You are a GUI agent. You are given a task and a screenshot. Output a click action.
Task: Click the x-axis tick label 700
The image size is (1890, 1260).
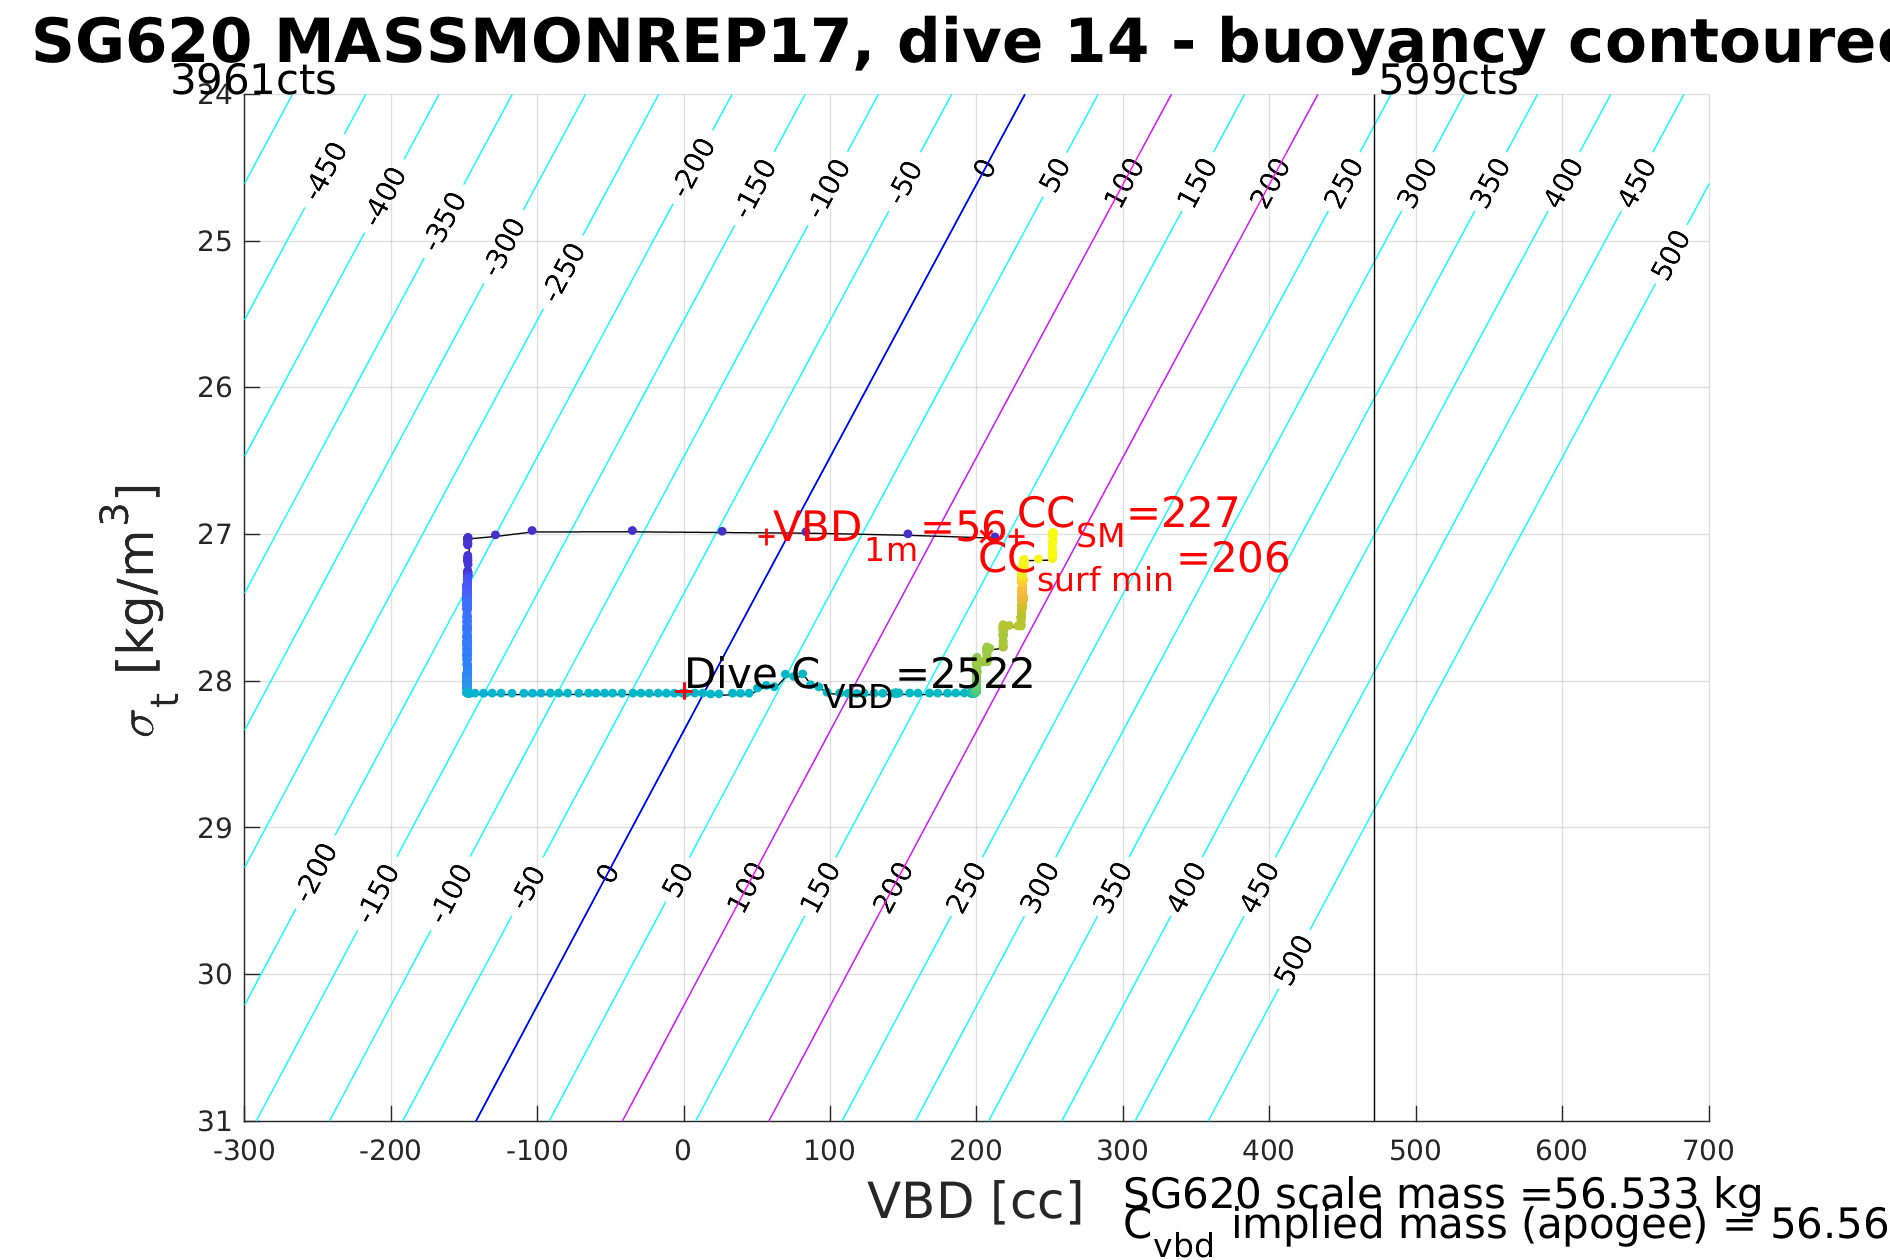1709,1151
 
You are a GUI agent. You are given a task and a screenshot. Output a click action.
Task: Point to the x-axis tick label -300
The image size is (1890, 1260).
243,1151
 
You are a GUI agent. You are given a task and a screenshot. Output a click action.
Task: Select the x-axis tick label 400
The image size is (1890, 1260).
1269,1151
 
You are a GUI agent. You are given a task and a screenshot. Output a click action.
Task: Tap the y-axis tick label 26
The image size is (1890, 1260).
215,388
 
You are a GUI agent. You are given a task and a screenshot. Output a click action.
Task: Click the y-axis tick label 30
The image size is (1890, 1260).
215,975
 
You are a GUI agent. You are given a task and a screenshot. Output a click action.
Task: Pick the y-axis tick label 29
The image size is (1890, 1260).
215,828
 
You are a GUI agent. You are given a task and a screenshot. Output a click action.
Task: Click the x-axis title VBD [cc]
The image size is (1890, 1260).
975,1201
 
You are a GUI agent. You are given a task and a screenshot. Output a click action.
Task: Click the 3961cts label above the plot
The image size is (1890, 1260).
253,81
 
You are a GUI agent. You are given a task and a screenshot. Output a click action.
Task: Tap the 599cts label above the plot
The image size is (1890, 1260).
1448,81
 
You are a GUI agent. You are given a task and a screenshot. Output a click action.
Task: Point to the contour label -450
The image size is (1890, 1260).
326,170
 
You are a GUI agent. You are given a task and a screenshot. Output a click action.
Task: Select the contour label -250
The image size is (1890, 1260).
565,272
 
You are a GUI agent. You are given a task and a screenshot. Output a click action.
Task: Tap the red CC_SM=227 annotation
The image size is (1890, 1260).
1128,518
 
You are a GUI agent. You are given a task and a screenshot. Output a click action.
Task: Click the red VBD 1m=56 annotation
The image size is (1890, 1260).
888,532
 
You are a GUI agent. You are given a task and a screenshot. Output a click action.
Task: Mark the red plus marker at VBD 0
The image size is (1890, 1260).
683,692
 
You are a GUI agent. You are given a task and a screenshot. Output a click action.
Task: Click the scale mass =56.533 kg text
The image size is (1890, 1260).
1442,1194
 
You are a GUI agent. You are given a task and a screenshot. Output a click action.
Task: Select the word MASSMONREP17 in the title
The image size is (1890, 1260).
560,43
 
